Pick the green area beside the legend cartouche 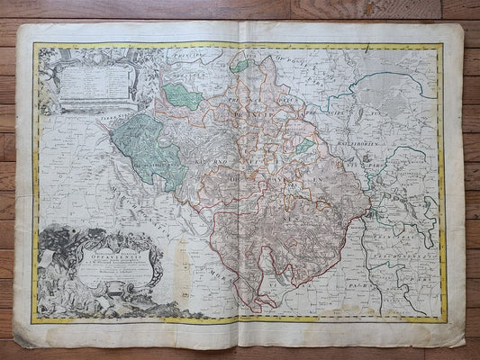(183, 95)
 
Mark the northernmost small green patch (240, 65)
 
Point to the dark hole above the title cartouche (71, 215)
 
